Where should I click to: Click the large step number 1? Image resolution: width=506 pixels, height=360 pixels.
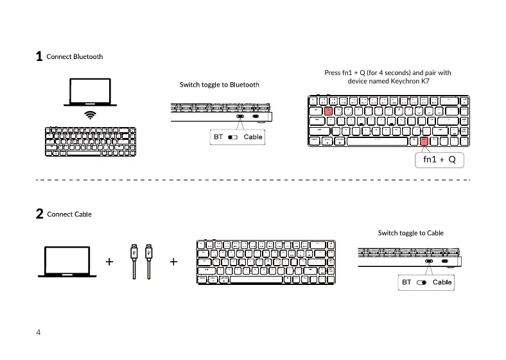[39, 56]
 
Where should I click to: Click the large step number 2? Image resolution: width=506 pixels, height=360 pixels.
[39, 214]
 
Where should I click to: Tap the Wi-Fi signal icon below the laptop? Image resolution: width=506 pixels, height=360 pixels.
[92, 115]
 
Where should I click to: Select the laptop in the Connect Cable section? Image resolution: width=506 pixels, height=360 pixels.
[67, 261]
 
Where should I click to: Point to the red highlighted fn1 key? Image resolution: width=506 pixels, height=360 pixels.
[424, 141]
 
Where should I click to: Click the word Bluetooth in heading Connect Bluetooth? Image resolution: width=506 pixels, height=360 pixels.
[88, 56]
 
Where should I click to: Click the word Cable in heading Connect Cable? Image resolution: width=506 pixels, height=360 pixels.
[82, 214]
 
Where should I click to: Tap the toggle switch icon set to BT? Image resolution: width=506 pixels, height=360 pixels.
[232, 137]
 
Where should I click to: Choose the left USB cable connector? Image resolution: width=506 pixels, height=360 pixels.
[134, 252]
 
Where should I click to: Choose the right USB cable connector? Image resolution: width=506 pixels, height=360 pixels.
[149, 252]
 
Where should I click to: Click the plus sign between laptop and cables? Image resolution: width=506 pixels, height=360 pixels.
[110, 262]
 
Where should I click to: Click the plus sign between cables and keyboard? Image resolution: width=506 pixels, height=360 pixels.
[173, 262]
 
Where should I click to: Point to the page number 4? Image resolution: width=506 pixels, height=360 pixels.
[39, 332]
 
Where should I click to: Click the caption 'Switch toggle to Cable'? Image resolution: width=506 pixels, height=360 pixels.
[411, 232]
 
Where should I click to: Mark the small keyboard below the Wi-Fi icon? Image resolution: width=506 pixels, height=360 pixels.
[91, 141]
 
